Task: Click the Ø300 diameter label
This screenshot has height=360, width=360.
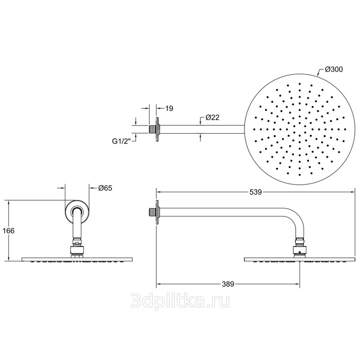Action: pos(334,69)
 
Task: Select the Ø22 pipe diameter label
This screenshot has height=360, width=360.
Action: pos(212,117)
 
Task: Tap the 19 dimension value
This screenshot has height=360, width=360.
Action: pos(169,109)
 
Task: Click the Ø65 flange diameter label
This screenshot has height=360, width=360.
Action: pos(105,188)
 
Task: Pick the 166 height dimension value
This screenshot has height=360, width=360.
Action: pos(9,230)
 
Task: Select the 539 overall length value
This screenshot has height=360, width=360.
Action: pos(256,192)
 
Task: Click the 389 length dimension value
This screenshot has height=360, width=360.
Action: pos(228,284)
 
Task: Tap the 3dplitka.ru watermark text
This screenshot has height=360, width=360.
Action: pos(180,301)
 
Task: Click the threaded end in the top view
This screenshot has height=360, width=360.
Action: pos(152,129)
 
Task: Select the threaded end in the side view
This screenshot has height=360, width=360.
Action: pos(152,212)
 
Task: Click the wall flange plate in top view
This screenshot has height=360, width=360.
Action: pos(157,130)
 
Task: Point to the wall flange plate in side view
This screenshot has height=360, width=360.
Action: pos(157,212)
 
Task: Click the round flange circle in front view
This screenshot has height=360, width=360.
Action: pos(77,200)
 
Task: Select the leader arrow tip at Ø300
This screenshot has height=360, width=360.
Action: pos(317,76)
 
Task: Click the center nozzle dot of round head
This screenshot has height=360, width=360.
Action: pos(300,129)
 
